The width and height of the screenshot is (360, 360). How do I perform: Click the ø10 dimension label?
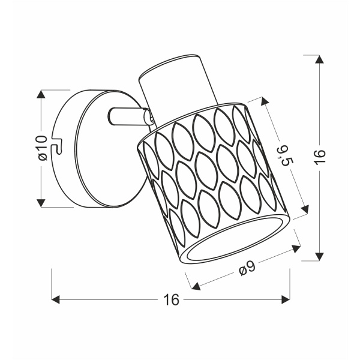click(41, 148)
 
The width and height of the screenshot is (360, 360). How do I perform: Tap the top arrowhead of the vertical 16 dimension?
click(319, 59)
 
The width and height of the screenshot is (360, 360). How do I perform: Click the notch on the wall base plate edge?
click(59, 145)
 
